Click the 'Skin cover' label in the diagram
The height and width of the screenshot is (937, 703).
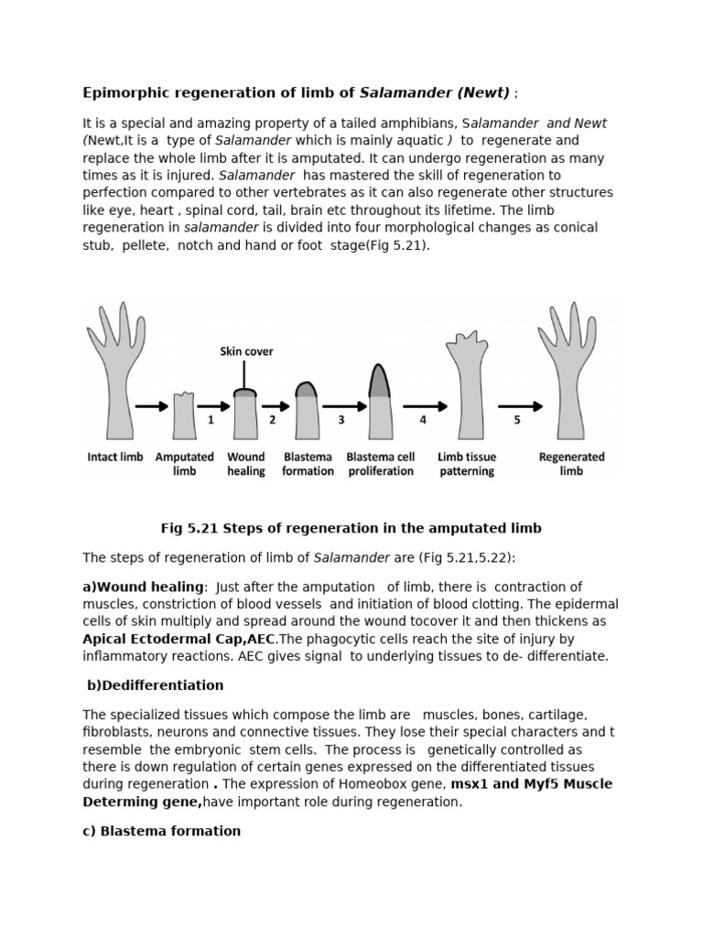click(x=246, y=350)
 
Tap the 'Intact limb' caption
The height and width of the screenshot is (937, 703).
click(x=115, y=457)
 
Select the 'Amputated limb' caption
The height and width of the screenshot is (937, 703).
click(x=185, y=464)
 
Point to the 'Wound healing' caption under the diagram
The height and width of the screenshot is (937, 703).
click(x=246, y=464)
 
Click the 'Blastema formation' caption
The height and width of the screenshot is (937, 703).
click(x=308, y=464)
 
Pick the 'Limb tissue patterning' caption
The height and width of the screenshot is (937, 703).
click(x=467, y=464)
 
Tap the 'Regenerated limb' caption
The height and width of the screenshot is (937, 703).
click(x=571, y=464)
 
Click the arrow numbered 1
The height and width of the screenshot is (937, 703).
click(x=212, y=406)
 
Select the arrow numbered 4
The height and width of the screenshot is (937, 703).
click(x=424, y=406)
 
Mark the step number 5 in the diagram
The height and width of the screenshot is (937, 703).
click(x=516, y=420)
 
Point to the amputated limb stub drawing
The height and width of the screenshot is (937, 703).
click(x=185, y=416)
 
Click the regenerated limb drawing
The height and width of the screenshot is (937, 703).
click(x=570, y=375)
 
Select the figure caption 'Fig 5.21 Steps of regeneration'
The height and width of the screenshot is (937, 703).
click(x=351, y=528)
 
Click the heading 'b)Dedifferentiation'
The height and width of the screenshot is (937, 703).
click(x=155, y=684)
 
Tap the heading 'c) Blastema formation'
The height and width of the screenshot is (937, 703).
click(x=162, y=831)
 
